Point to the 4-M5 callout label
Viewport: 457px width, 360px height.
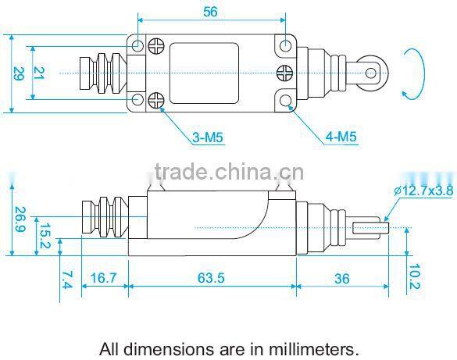point(341,138)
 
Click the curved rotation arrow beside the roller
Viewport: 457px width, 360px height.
point(412,74)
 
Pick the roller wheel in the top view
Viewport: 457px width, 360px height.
point(374,73)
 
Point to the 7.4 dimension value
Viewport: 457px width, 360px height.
point(67,280)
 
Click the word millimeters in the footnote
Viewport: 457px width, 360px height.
point(312,348)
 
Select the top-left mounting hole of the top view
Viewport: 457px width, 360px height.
point(137,45)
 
